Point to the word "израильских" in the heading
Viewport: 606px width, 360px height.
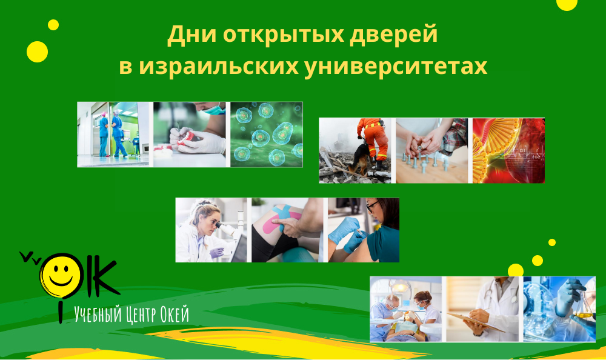[x=219, y=66]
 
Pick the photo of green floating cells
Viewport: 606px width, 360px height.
[x=266, y=135]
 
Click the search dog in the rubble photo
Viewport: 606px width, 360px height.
[x=359, y=159]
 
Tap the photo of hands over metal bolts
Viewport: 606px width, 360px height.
[x=431, y=150]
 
